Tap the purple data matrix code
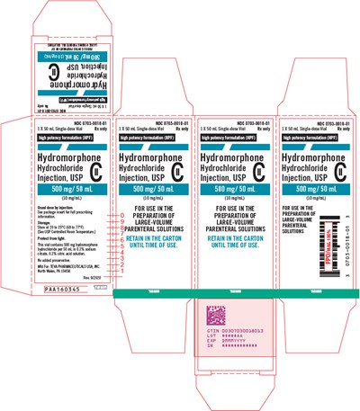point(209,317)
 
